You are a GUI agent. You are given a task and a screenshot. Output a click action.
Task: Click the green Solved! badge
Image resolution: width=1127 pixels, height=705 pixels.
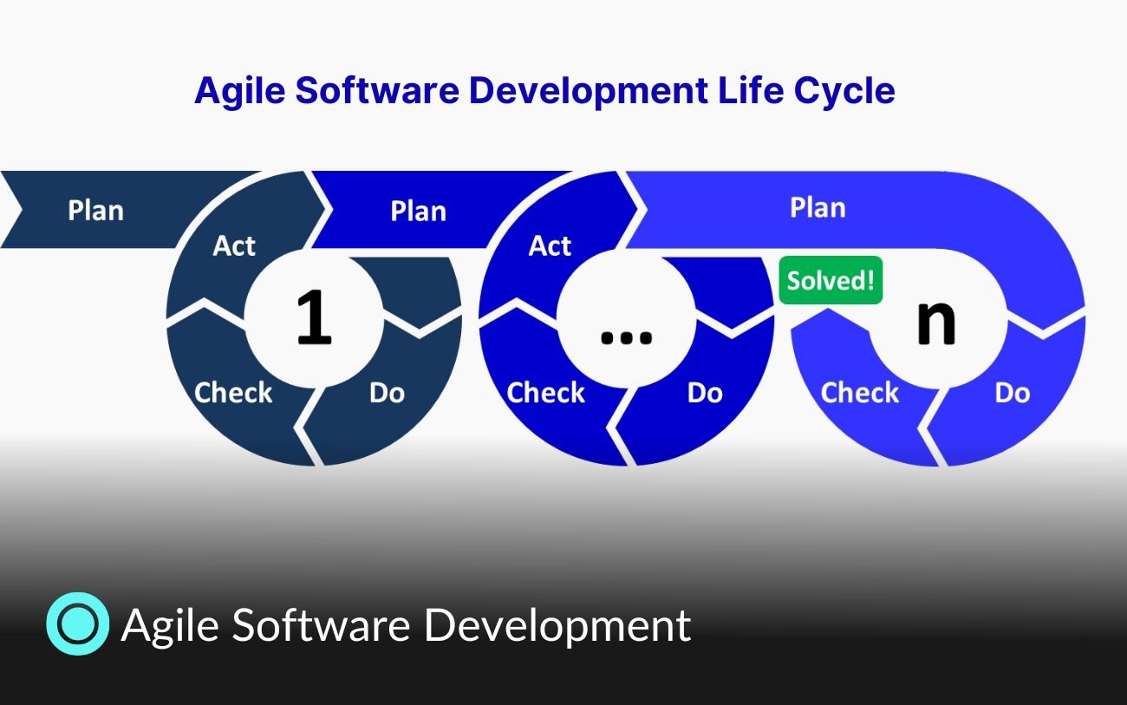pyautogui.click(x=831, y=280)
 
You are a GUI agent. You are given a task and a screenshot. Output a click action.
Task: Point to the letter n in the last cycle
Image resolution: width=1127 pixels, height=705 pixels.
pyautogui.click(x=936, y=321)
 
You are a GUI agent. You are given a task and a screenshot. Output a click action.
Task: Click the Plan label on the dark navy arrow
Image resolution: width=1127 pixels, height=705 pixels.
pyautogui.click(x=95, y=211)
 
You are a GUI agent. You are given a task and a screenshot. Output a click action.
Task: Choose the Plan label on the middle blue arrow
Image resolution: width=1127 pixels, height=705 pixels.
pyautogui.click(x=418, y=212)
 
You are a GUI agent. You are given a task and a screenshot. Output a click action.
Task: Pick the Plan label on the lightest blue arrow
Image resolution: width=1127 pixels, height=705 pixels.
pyautogui.click(x=817, y=208)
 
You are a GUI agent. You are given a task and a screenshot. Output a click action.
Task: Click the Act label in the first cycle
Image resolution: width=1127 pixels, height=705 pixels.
pyautogui.click(x=234, y=246)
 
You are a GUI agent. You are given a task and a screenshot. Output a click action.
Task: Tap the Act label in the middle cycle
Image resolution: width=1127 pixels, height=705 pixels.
pyautogui.click(x=550, y=246)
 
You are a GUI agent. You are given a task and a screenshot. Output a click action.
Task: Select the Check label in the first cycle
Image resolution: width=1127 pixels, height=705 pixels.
pyautogui.click(x=233, y=393)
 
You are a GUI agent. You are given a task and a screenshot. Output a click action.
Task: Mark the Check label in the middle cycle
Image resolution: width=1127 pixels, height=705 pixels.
pyautogui.click(x=545, y=393)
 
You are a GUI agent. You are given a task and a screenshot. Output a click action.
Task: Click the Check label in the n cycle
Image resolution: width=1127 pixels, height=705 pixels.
pyautogui.click(x=859, y=393)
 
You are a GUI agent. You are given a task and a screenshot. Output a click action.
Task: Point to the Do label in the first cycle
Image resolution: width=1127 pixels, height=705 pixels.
pyautogui.click(x=387, y=393)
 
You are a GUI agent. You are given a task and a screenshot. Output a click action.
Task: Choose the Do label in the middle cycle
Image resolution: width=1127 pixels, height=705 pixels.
pyautogui.click(x=704, y=393)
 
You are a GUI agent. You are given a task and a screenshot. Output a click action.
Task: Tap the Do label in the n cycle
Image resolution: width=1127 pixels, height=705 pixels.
pyautogui.click(x=1012, y=393)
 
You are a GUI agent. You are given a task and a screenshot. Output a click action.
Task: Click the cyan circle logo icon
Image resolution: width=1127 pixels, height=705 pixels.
pyautogui.click(x=77, y=623)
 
